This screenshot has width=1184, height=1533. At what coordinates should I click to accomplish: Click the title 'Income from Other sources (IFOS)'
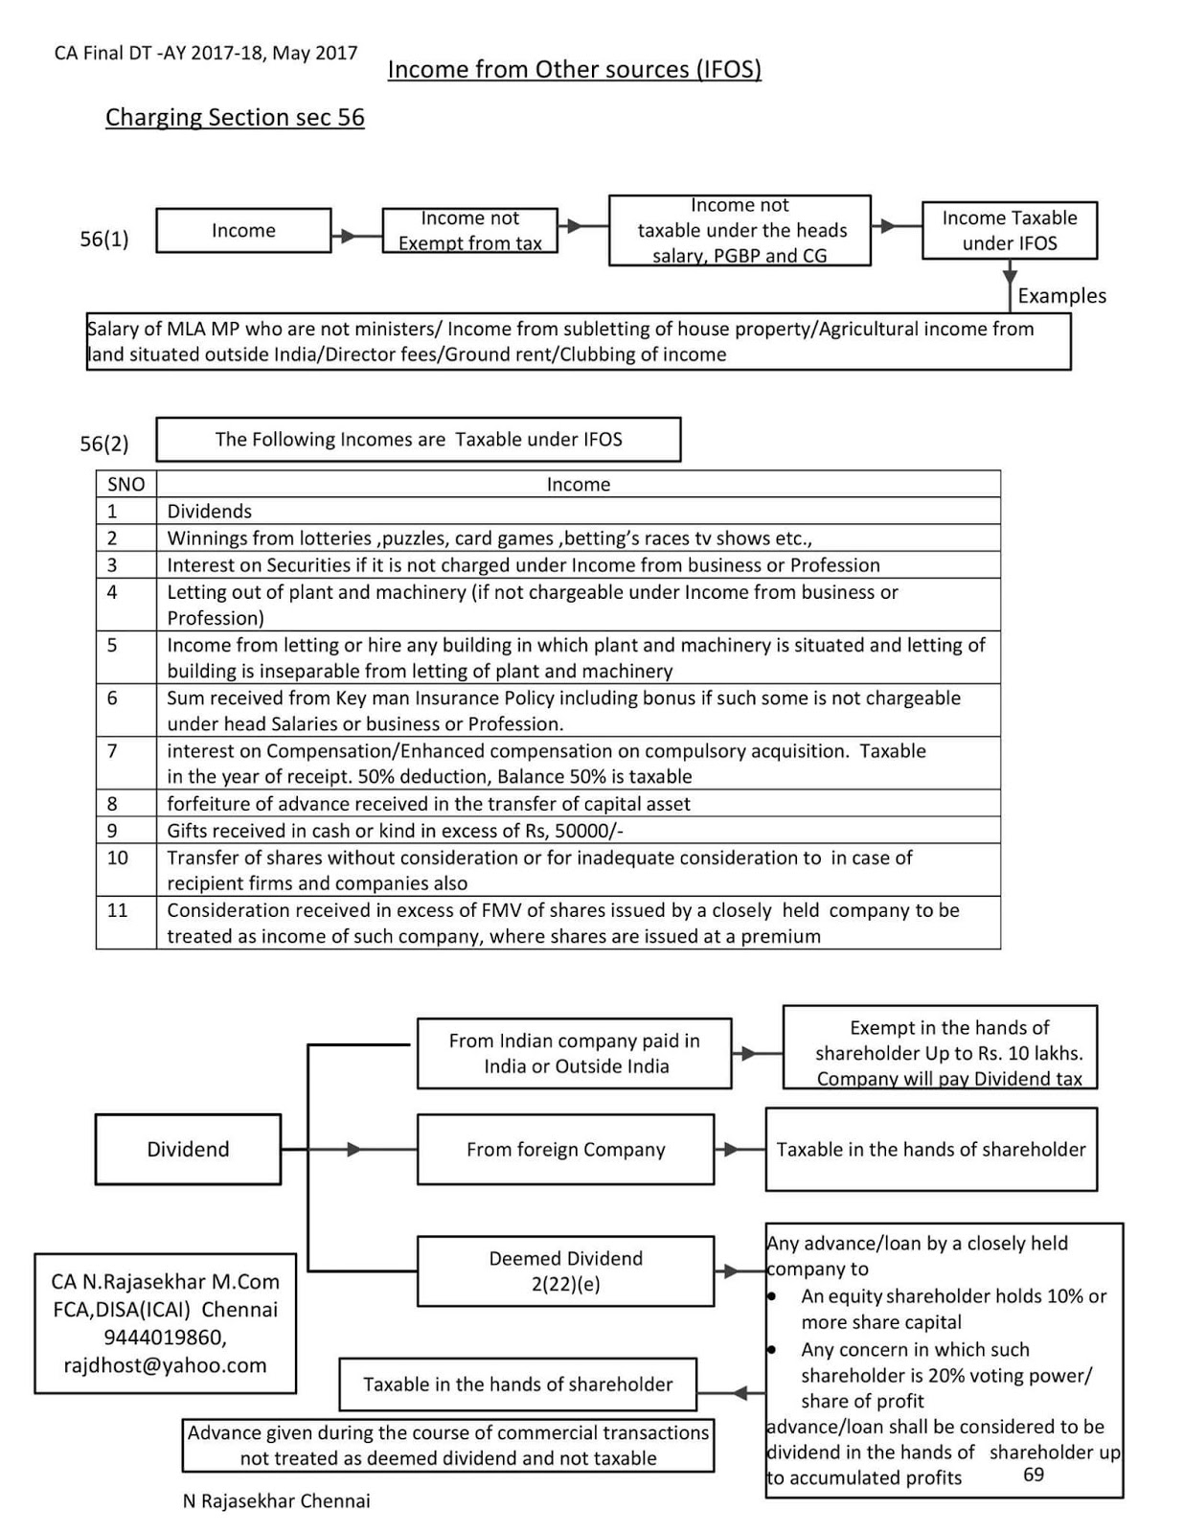click(574, 70)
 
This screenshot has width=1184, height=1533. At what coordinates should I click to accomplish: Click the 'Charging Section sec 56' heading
click(235, 118)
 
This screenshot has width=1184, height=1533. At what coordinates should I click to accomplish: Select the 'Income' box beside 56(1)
click(243, 231)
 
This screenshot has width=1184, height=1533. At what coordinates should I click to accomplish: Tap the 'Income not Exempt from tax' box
click(469, 231)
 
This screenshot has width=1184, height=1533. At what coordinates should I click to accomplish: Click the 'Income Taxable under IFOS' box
click(1009, 231)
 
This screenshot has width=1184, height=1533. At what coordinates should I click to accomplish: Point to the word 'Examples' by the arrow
click(1061, 296)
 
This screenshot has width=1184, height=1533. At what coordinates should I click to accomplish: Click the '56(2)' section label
click(103, 444)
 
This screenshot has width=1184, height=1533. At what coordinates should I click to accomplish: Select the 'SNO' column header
click(125, 485)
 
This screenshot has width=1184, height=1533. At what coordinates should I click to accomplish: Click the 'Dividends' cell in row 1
click(210, 512)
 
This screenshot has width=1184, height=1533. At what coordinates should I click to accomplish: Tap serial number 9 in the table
click(112, 831)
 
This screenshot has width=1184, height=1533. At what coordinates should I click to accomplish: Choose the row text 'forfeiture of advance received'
click(428, 804)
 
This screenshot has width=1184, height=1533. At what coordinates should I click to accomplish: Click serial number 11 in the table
click(117, 910)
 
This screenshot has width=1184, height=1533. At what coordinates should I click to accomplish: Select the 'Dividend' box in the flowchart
click(188, 1150)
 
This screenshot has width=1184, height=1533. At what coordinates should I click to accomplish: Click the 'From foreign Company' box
click(565, 1150)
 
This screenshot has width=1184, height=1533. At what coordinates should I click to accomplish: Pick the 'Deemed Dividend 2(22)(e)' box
click(565, 1271)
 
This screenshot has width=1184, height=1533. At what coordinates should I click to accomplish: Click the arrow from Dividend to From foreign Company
click(353, 1150)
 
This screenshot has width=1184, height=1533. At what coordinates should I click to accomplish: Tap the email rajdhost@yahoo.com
click(165, 1365)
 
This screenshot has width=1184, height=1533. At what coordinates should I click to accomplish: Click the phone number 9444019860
click(165, 1338)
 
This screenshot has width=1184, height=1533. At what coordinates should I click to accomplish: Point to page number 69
click(1034, 1475)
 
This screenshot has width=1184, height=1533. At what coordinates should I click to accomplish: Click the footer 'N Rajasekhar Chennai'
click(276, 1501)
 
